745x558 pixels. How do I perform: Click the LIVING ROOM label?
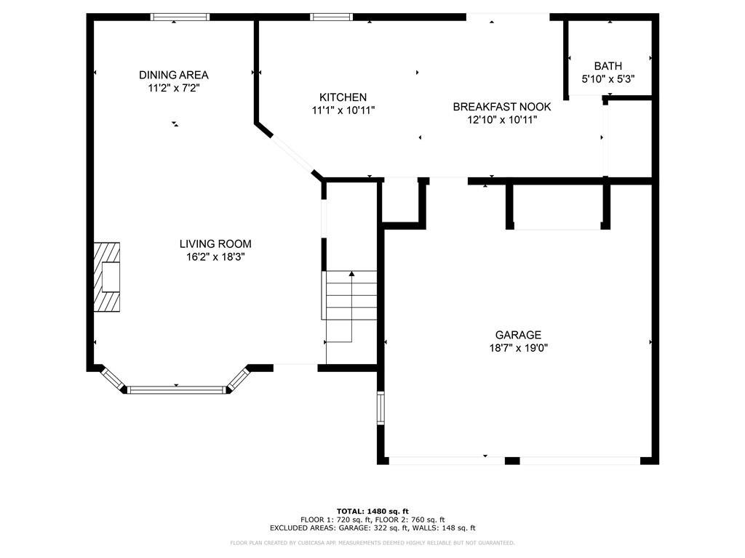(x=215, y=244)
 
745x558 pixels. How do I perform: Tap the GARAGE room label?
(x=518, y=335)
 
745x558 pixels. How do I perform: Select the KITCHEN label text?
(x=343, y=97)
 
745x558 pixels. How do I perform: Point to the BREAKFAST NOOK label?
(x=502, y=107)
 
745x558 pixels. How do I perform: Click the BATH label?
(x=608, y=66)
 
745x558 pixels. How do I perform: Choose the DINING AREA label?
(x=173, y=75)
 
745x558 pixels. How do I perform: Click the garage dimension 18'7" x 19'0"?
(x=518, y=348)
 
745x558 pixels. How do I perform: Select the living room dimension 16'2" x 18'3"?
(x=215, y=257)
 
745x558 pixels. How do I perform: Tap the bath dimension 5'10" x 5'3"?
(x=608, y=78)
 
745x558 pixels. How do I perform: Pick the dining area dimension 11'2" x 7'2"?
(x=173, y=88)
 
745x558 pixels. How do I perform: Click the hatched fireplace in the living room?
(x=107, y=277)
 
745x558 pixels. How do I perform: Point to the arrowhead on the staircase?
(x=351, y=274)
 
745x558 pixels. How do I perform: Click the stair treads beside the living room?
(x=350, y=295)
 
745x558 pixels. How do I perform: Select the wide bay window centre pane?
(x=176, y=390)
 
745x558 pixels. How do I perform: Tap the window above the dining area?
(x=180, y=17)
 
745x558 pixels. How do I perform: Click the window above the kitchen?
(x=332, y=17)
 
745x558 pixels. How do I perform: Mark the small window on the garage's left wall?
(x=381, y=408)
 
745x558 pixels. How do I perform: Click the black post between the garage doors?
(x=512, y=461)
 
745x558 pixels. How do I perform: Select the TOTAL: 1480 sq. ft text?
(x=372, y=511)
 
